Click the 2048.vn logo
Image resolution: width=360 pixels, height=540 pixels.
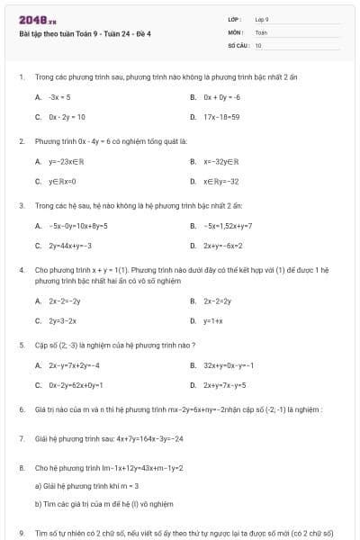31,20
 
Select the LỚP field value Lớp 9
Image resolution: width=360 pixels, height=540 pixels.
262,19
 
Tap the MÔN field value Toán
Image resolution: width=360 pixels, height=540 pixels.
261,31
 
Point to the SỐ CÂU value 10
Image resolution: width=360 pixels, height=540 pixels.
258,44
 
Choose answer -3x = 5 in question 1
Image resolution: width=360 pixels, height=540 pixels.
59,95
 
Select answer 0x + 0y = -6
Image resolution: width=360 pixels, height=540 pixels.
220,95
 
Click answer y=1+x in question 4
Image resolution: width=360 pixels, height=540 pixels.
213,320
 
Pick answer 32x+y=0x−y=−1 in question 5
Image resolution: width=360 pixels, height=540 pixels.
229,365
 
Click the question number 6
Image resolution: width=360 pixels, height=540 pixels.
21,410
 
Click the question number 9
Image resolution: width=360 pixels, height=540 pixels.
21,534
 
